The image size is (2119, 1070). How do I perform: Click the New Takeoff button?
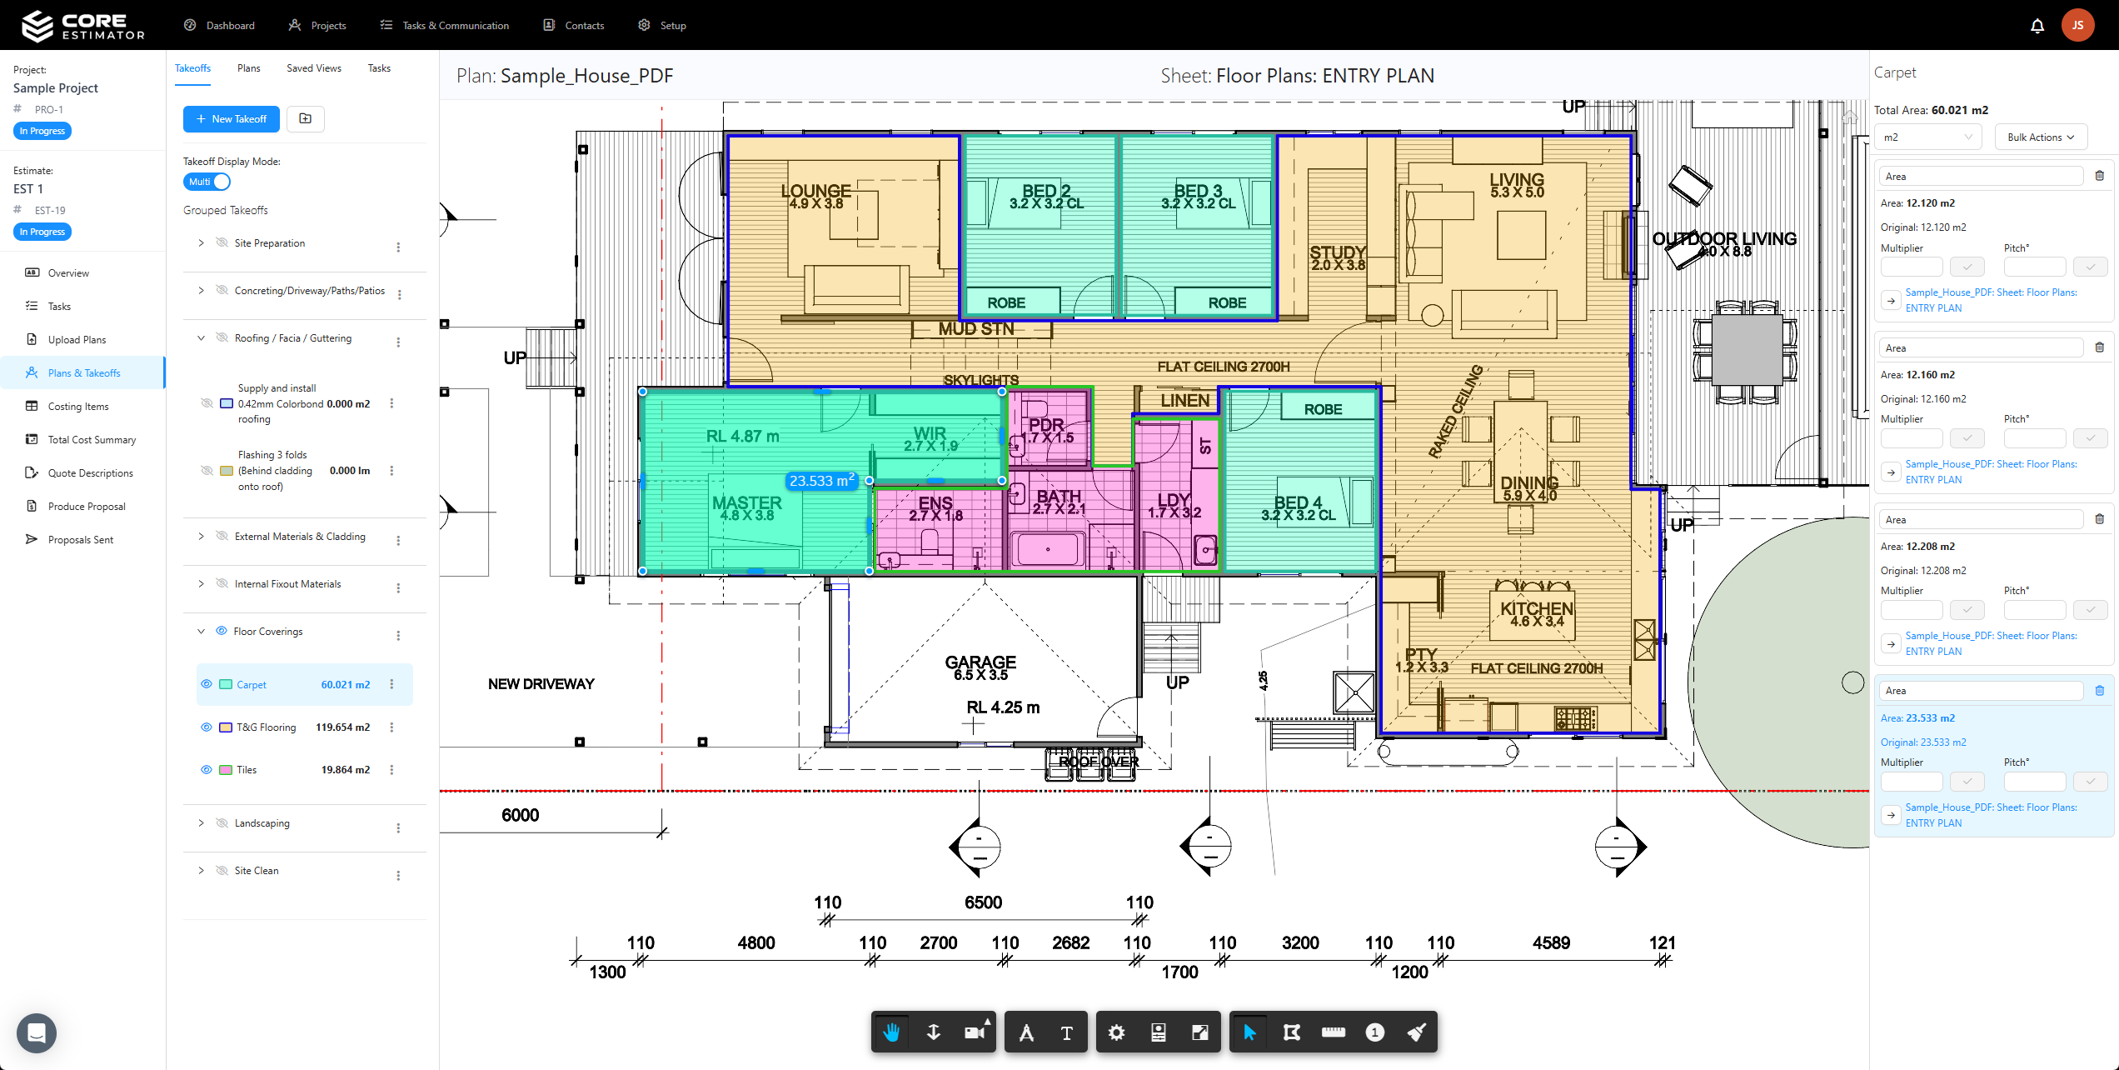(x=232, y=119)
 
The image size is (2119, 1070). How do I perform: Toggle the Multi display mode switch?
(x=207, y=182)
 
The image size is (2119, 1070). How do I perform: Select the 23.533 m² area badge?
(x=821, y=481)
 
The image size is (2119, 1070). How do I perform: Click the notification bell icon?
(x=2037, y=26)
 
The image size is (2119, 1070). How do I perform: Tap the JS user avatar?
(x=2077, y=26)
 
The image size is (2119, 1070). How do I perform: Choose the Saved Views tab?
(x=313, y=68)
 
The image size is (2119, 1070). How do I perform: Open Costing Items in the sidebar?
(x=78, y=407)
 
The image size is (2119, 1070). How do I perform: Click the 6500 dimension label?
(x=983, y=902)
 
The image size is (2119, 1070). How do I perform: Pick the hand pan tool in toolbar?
(x=891, y=1032)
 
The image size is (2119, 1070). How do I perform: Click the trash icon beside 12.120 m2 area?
(x=2099, y=176)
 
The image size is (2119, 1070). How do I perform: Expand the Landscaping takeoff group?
(x=201, y=823)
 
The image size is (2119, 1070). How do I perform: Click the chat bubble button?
(x=37, y=1033)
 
